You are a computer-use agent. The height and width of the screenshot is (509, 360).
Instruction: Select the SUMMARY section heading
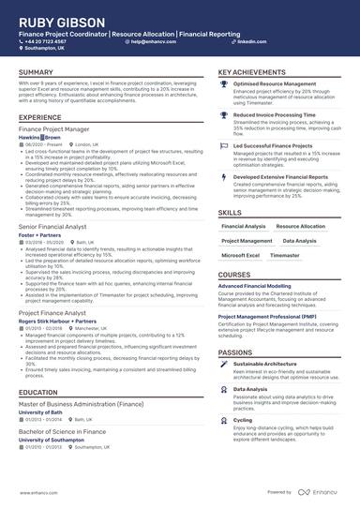(36, 72)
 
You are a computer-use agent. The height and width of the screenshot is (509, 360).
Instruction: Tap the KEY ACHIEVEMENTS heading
(252, 72)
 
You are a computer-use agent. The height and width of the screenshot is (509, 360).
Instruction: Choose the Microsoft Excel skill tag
(241, 255)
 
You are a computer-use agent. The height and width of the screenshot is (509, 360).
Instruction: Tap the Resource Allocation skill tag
(300, 226)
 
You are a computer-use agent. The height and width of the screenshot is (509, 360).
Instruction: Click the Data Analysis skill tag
(299, 241)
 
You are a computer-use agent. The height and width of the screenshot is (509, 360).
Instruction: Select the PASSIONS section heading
(235, 352)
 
